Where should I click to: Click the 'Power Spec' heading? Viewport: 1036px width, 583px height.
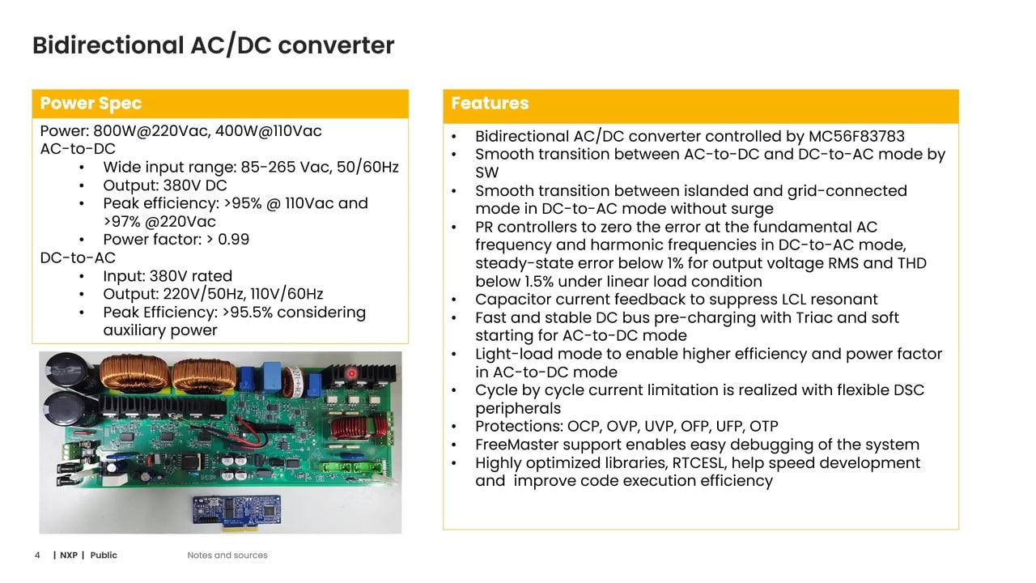coord(91,104)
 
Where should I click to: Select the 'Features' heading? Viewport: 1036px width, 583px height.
coord(490,104)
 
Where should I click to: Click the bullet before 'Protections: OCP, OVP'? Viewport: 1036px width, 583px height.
coord(456,427)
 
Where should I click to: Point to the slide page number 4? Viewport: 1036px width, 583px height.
coord(37,555)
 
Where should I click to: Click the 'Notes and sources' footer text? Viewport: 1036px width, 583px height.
coord(227,555)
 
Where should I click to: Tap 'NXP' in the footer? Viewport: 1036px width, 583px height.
coord(69,555)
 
